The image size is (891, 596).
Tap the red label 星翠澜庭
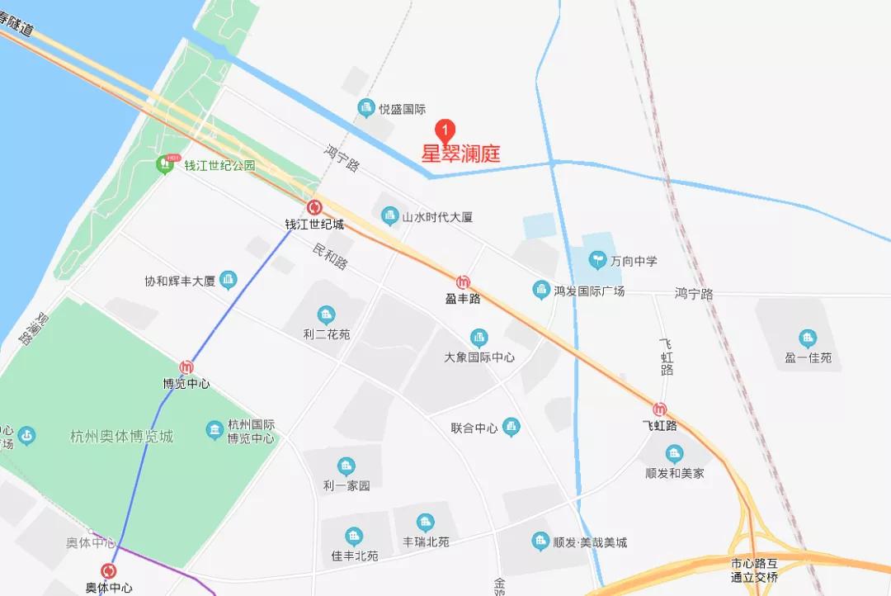pyautogui.click(x=461, y=154)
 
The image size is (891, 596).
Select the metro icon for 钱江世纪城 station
pyautogui.click(x=313, y=208)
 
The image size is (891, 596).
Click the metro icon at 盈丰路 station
pyautogui.click(x=463, y=282)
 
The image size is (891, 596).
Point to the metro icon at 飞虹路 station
pyautogui.click(x=659, y=409)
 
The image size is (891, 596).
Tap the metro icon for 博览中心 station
pyautogui.click(x=186, y=367)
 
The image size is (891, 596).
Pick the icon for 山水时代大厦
pyautogui.click(x=389, y=216)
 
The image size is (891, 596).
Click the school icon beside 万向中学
pyautogui.click(x=598, y=260)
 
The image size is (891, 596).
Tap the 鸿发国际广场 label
pyautogui.click(x=589, y=291)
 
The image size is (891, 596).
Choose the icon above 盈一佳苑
pyautogui.click(x=808, y=338)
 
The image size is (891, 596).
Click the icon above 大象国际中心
pyautogui.click(x=478, y=338)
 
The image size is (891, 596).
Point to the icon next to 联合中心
pyautogui.click(x=511, y=427)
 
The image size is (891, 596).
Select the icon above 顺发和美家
pyautogui.click(x=675, y=453)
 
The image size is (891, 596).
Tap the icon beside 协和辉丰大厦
pyautogui.click(x=228, y=280)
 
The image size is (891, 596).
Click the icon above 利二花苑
pyautogui.click(x=327, y=315)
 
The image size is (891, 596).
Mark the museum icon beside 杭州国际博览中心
pyautogui.click(x=215, y=430)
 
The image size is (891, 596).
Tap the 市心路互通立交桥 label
pyautogui.click(x=754, y=570)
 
